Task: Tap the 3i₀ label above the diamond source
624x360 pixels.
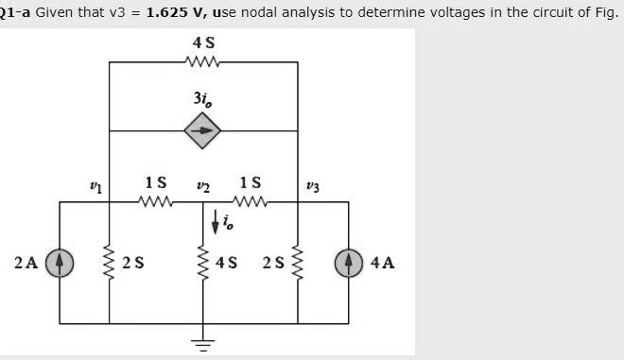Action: pos(202,97)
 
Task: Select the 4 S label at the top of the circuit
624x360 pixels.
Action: pos(202,43)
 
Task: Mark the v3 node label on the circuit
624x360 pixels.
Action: pos(314,186)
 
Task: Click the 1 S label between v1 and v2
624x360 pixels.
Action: pos(156,181)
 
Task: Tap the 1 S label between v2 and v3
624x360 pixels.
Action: pos(251,181)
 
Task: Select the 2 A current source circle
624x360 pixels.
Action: pos(60,262)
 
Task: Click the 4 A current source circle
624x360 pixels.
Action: pos(349,262)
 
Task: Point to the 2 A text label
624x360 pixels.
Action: pos(26,262)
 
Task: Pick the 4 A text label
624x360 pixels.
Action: pos(384,262)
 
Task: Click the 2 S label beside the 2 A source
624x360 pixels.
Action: pos(133,262)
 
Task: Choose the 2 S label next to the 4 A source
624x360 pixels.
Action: pos(273,262)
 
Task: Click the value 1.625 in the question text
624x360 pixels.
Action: pos(172,13)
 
